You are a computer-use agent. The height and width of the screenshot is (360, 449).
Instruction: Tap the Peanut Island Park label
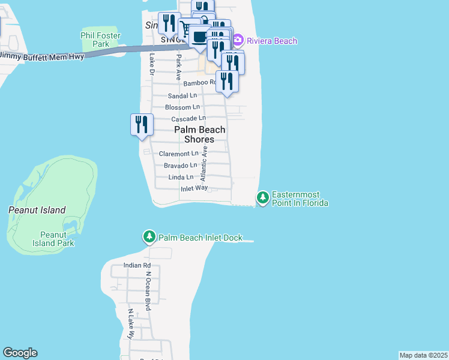(x=57, y=239)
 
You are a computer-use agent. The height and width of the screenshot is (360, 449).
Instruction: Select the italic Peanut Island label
(x=37, y=210)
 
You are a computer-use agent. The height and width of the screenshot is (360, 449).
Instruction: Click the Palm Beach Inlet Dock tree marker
(x=149, y=238)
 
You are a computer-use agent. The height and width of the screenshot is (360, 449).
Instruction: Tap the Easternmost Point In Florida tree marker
(x=263, y=197)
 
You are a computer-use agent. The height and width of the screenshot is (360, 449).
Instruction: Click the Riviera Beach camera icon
(x=238, y=41)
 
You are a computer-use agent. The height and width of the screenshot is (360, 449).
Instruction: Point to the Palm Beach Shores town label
(x=200, y=134)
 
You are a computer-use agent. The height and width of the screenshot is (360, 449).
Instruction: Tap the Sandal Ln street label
(x=182, y=95)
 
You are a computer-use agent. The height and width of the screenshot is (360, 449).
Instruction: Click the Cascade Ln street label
(x=188, y=119)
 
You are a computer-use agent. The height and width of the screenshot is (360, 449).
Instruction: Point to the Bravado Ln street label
(x=180, y=165)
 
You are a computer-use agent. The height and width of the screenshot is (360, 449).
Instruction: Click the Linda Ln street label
(x=181, y=177)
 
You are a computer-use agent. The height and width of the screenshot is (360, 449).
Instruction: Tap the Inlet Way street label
(x=194, y=188)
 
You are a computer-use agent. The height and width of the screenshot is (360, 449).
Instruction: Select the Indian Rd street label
(x=137, y=265)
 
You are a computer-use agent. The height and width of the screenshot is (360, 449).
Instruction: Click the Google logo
(x=20, y=353)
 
